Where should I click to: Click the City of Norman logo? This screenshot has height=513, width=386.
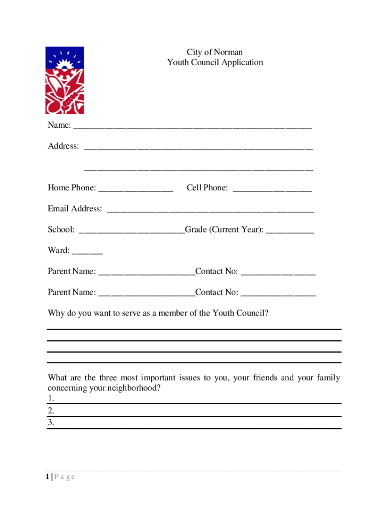point(65,80)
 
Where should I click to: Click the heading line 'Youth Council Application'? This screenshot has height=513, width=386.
point(215,63)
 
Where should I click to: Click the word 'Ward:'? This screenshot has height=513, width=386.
point(59,250)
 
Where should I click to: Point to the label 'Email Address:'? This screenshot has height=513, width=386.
point(75,209)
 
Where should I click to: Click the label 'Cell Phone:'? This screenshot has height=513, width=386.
point(207,188)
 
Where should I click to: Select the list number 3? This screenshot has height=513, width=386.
point(51,423)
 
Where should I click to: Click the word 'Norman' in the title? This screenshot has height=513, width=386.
point(228,52)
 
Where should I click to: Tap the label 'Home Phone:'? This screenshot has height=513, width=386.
point(72,188)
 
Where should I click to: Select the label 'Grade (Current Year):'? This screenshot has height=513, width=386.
point(224,230)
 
